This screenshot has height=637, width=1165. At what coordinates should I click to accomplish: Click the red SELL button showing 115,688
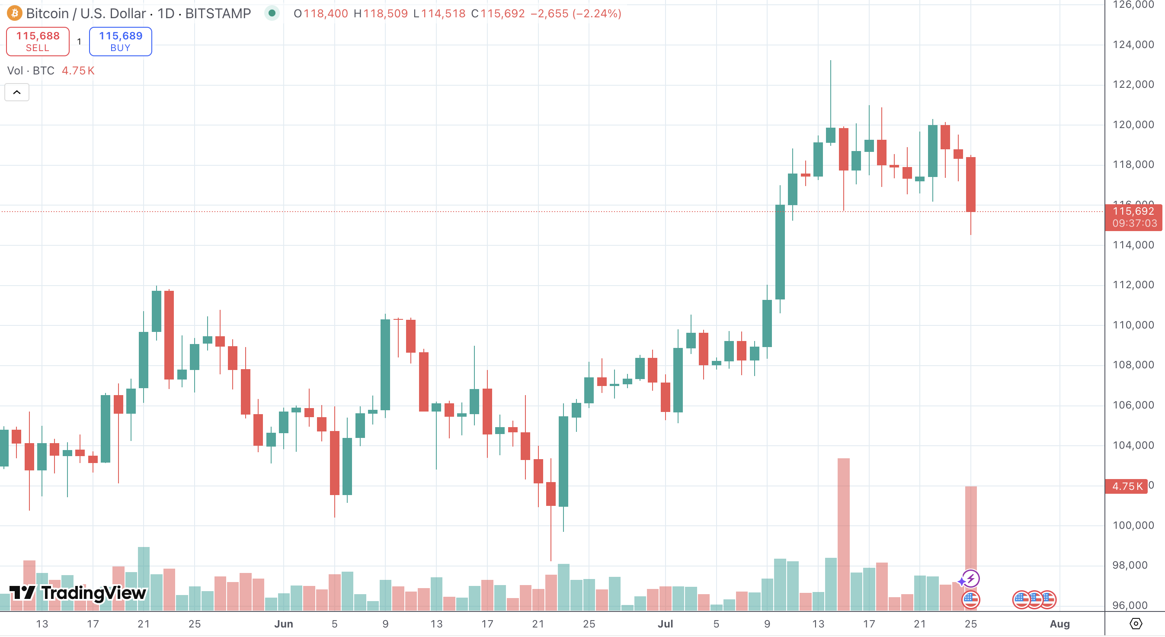[x=38, y=42]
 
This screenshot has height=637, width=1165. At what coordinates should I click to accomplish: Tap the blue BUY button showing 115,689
[x=120, y=42]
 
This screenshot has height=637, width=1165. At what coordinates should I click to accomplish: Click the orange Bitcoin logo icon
[x=14, y=13]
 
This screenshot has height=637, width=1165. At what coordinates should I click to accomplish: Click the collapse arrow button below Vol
[x=17, y=92]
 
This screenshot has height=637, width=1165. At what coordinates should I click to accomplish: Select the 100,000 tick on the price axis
[x=1133, y=525]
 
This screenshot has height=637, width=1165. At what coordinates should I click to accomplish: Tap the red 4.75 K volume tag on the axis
[x=1127, y=486]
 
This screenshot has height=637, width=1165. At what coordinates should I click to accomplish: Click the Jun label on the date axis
[x=284, y=624]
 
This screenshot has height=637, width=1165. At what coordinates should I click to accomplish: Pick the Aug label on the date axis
[x=1059, y=624]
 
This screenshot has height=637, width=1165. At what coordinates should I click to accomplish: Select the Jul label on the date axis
[x=665, y=624]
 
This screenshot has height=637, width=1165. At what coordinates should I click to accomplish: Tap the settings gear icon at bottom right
[x=1136, y=624]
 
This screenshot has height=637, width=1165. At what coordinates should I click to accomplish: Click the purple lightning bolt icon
[x=970, y=579]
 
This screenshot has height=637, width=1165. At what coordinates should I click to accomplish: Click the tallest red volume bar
[x=843, y=534]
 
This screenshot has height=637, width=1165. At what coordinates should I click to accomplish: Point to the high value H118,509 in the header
[x=381, y=13]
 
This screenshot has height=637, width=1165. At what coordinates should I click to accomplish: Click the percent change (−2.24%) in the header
[x=596, y=13]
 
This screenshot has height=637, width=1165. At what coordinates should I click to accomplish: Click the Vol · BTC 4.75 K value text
[x=78, y=71]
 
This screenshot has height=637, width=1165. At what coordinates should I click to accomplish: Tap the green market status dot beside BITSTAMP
[x=272, y=13]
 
